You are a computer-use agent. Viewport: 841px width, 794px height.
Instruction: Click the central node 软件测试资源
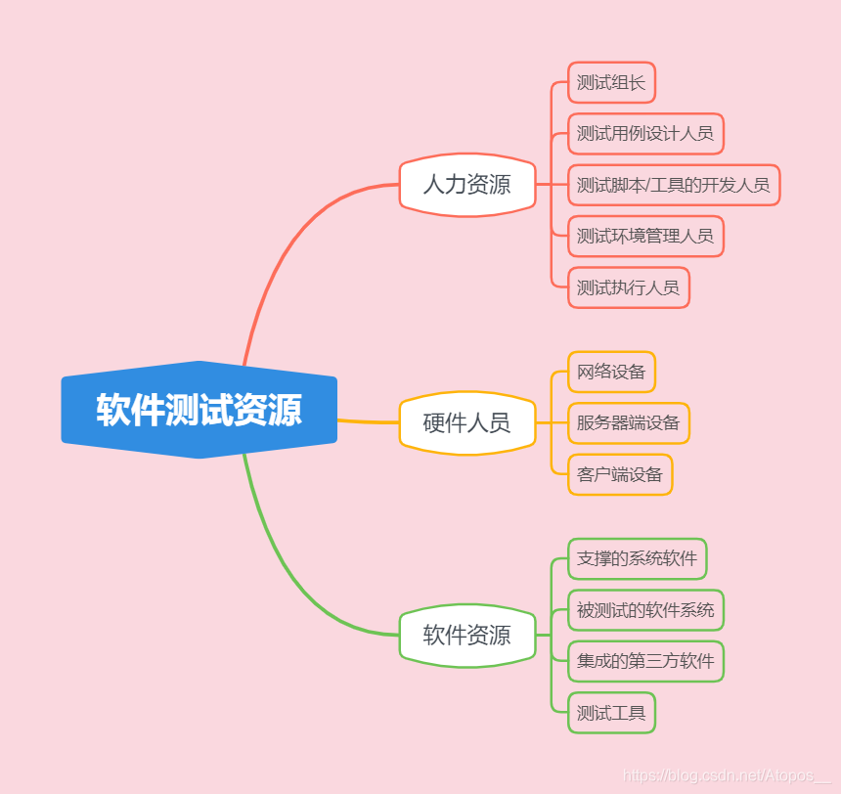point(199,410)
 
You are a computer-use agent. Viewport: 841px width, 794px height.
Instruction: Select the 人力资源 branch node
point(466,184)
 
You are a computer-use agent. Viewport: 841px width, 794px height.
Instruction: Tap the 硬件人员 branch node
point(466,422)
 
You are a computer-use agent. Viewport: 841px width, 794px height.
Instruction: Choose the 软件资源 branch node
point(466,635)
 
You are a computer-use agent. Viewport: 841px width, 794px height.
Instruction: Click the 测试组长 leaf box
point(611,83)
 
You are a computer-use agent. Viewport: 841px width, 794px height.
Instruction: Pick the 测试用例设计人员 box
point(645,134)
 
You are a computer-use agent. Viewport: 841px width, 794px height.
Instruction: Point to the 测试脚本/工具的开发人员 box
point(673,185)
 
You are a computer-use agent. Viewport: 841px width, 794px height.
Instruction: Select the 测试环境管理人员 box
point(645,236)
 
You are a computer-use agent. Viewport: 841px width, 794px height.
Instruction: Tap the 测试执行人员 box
point(628,287)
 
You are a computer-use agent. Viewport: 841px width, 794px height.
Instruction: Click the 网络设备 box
point(611,372)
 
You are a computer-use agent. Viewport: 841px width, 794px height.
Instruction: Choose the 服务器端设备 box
point(628,423)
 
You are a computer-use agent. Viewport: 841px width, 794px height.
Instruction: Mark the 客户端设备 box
point(620,474)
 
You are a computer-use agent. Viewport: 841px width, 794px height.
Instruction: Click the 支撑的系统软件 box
point(637,558)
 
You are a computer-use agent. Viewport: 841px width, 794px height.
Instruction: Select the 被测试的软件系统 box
point(645,610)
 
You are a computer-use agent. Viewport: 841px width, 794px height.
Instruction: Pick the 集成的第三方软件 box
point(645,661)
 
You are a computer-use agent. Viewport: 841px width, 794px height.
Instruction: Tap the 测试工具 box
point(611,713)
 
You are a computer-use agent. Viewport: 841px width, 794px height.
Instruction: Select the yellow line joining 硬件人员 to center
point(368,421)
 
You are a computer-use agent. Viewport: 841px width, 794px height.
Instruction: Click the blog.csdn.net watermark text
point(724,775)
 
